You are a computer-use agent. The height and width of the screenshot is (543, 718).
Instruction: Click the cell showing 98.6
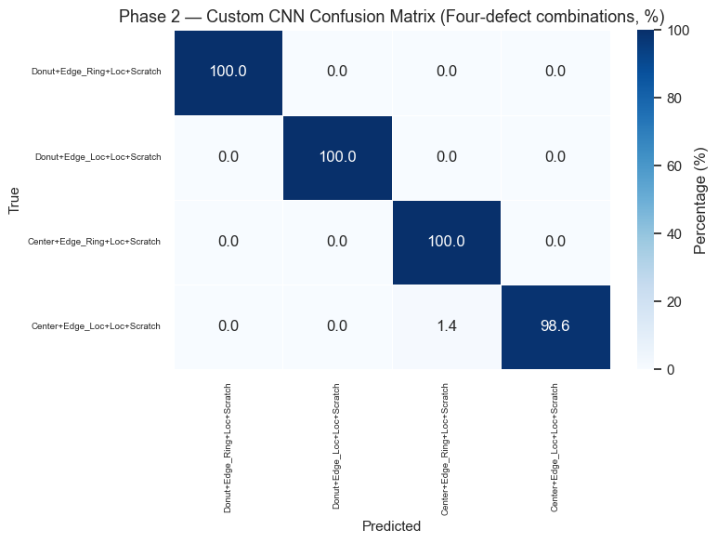point(555,326)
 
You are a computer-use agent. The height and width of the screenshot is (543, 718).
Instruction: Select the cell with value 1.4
point(447,326)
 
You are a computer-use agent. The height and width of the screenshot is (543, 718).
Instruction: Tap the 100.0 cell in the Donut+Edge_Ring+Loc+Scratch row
point(228,72)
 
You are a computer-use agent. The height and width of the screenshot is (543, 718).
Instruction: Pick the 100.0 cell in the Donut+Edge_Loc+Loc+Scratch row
point(337,156)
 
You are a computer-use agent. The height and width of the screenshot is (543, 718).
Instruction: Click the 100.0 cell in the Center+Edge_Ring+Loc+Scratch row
point(447,242)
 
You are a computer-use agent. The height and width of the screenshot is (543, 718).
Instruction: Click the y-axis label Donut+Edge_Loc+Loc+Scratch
point(98,156)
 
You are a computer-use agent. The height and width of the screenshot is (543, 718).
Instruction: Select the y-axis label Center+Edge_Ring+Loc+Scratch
point(95,242)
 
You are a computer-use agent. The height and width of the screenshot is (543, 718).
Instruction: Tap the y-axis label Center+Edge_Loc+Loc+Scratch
point(96,326)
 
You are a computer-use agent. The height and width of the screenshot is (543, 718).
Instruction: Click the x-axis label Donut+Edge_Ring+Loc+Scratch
point(228,447)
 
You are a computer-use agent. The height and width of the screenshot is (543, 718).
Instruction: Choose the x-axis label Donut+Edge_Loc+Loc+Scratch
point(337,445)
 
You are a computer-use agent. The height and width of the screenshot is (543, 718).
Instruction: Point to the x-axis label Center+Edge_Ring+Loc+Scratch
point(447,448)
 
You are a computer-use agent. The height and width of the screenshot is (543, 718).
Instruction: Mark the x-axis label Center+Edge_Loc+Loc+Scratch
point(555,446)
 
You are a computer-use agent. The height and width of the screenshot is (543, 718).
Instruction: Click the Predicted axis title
point(392,526)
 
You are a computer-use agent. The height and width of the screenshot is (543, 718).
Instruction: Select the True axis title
point(15,199)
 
